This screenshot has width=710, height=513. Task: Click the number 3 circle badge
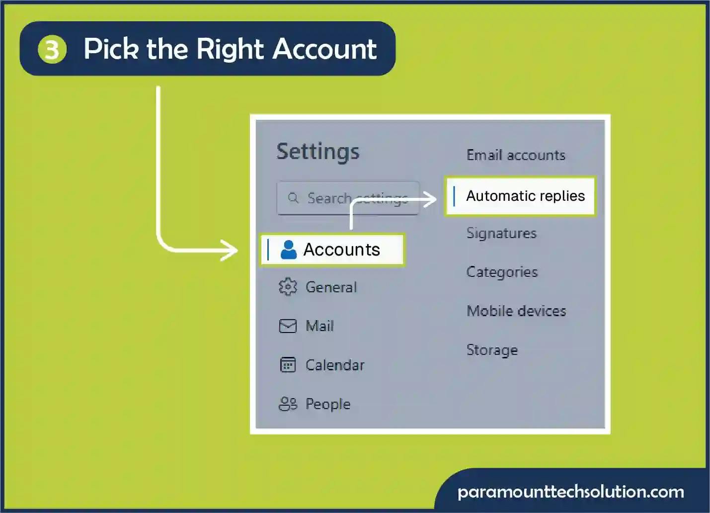52,50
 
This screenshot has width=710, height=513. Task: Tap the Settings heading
318,152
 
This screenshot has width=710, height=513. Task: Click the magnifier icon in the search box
293,198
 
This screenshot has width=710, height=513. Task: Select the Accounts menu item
332,250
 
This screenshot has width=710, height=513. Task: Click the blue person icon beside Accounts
289,250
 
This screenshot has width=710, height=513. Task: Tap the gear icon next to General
288,287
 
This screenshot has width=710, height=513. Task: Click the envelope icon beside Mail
288,326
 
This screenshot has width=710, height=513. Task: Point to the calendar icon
288,364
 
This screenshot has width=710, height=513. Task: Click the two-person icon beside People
288,404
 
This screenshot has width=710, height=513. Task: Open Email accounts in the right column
516,155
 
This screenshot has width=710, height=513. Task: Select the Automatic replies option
520,196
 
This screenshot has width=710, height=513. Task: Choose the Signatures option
501,234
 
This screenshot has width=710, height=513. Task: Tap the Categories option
502,272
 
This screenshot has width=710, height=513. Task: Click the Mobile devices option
516,311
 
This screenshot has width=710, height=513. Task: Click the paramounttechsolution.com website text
571,492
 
